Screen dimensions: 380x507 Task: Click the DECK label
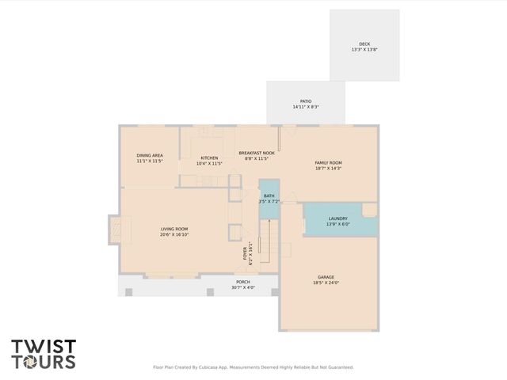tap(364, 44)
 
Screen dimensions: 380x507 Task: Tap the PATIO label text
tap(305, 101)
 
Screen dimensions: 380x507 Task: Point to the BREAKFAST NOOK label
tap(257, 153)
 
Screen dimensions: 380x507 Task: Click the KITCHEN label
tap(209, 158)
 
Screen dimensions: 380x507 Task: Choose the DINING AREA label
tap(150, 155)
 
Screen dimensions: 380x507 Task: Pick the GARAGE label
tap(326, 277)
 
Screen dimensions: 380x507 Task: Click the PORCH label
tap(243, 282)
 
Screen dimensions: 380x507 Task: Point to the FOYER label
tap(246, 254)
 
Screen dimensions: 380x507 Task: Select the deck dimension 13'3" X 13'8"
tap(364, 50)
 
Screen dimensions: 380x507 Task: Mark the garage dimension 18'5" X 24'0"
tap(326, 283)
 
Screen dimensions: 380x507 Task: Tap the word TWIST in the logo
tap(44, 346)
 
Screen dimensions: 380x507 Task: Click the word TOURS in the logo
tap(44, 362)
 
